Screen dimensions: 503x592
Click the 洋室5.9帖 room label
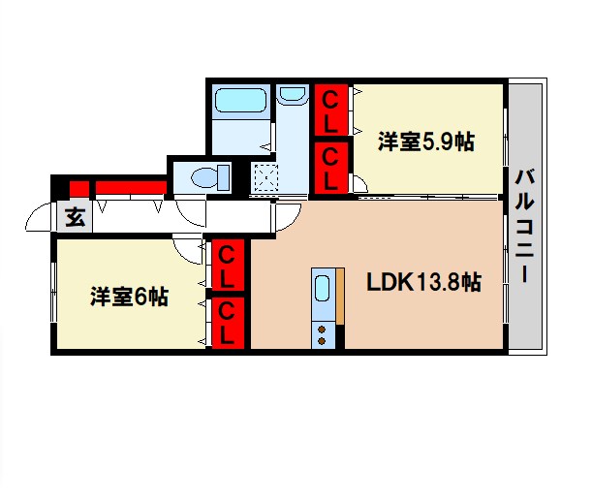(426, 141)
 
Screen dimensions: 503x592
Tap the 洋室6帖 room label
(130, 297)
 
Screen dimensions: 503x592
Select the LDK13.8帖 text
(422, 284)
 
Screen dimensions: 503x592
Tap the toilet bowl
(207, 178)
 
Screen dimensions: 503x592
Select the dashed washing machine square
(263, 178)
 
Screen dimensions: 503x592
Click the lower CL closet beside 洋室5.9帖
(331, 166)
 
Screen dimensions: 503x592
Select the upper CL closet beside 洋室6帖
(228, 266)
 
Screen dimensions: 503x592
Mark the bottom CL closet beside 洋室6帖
(228, 323)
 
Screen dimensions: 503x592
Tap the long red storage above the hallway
(128, 187)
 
